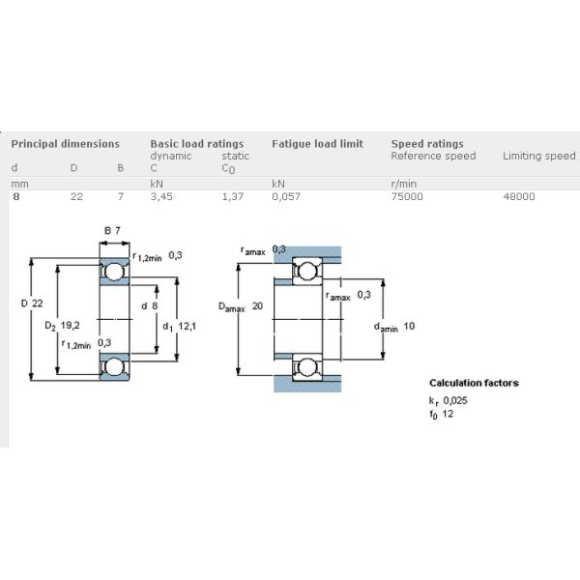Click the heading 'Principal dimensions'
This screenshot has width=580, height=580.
[x=65, y=144]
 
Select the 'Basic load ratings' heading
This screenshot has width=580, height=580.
[x=196, y=144]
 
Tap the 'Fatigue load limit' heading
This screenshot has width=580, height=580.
[x=317, y=144]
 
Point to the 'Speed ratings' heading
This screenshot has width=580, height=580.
[x=426, y=144]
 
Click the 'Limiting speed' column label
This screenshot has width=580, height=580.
[x=538, y=157]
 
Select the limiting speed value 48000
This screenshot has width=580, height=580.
[x=519, y=196]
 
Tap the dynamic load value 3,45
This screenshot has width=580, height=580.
[x=162, y=196]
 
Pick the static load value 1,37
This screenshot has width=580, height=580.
[x=233, y=196]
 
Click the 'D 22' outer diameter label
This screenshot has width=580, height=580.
[x=33, y=304]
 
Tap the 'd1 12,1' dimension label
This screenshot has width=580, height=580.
[x=180, y=326]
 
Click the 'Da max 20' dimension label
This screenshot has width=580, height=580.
[x=242, y=306]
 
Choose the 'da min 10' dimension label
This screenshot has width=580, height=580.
[x=394, y=327]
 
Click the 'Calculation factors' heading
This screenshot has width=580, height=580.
[x=474, y=383]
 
